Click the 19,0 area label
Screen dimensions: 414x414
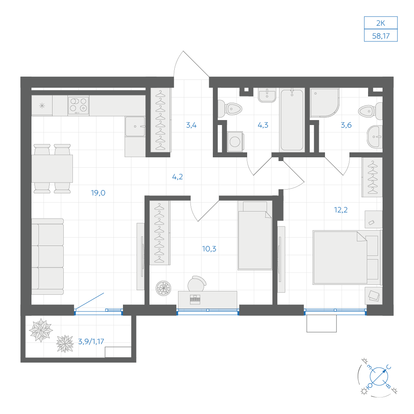(98, 193)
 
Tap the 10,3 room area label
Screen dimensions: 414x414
(209, 249)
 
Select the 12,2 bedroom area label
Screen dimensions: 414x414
(341, 210)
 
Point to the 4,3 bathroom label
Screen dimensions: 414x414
(263, 125)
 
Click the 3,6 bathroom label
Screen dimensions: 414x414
(346, 125)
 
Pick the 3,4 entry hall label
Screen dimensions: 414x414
(191, 125)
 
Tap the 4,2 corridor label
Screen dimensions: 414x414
(178, 177)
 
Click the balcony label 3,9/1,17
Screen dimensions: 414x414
(91, 342)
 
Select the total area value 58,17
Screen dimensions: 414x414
(381, 36)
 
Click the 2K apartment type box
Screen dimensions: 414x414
(381, 23)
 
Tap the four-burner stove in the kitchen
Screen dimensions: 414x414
(78, 105)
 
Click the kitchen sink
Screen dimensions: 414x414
(135, 126)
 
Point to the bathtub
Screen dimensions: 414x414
(292, 120)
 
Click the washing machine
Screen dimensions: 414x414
(235, 142)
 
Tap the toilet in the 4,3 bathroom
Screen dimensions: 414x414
(229, 108)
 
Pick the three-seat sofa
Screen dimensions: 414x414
(48, 256)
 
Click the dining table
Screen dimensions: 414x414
(52, 169)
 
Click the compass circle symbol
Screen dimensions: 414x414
(379, 376)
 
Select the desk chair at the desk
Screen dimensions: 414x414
(197, 284)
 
